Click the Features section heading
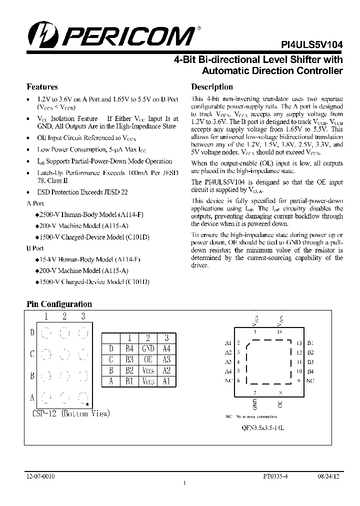tap(42, 86)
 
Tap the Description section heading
tap(212, 86)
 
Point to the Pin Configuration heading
tap(59, 304)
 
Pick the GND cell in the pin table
tap(148, 348)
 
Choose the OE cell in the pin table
tap(148, 359)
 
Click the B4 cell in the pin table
tap(129, 348)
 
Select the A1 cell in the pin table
tap(166, 381)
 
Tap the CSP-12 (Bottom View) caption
tap(70, 413)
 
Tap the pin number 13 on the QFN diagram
tap(299, 343)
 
